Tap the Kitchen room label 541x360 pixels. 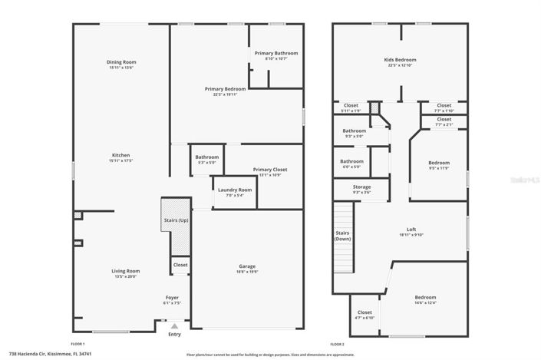pyautogui.click(x=121, y=155)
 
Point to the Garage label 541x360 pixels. pyautogui.click(x=247, y=266)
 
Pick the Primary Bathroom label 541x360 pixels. pyautogui.click(x=276, y=53)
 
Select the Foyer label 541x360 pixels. pyautogui.click(x=173, y=296)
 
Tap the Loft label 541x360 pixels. pyautogui.click(x=411, y=229)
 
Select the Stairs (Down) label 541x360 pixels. pyautogui.click(x=342, y=235)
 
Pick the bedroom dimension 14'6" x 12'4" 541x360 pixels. pyautogui.click(x=426, y=302)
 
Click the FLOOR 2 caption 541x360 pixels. pyautogui.click(x=338, y=343)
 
